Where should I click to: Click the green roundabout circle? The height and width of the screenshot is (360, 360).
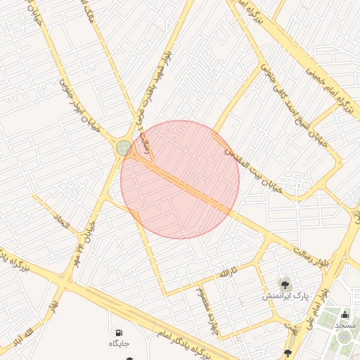click(x=124, y=147)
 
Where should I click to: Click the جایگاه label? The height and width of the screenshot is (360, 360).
click(x=120, y=343)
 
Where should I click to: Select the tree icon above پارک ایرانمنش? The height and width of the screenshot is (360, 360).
click(x=285, y=285)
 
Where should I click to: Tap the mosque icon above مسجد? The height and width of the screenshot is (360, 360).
click(x=345, y=314)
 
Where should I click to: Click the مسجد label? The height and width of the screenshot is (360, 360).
click(x=345, y=325)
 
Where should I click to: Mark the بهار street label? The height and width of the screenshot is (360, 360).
click(x=51, y=304)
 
